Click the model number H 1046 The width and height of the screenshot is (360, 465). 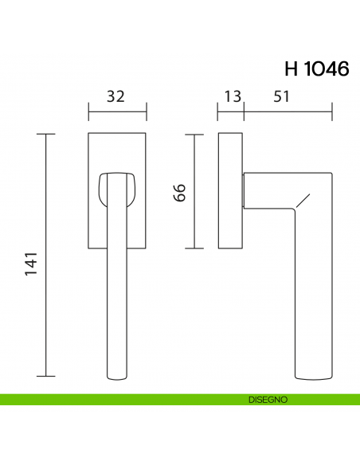pyautogui.click(x=316, y=68)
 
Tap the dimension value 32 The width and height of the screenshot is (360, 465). pyautogui.click(x=116, y=96)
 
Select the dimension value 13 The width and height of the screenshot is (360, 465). pyautogui.click(x=232, y=96)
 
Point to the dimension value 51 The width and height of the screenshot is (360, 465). pyautogui.click(x=281, y=96)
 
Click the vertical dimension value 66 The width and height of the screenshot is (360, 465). pyautogui.click(x=180, y=192)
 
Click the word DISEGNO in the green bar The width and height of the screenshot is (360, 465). pyautogui.click(x=267, y=400)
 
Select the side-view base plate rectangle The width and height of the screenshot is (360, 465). pyautogui.click(x=230, y=191)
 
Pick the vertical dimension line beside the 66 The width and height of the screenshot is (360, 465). pyautogui.click(x=194, y=191)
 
